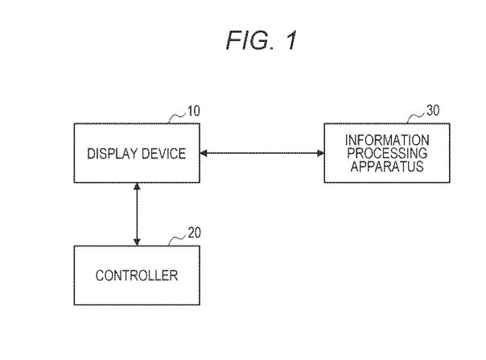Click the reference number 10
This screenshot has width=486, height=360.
point(194,111)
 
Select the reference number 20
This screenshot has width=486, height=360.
point(194,233)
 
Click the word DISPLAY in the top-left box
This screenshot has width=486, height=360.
point(110,153)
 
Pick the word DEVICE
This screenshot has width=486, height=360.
point(163,153)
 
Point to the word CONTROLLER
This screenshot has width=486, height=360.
point(137,275)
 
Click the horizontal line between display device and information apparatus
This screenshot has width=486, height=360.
point(262,153)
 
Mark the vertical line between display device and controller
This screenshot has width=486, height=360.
point(137,213)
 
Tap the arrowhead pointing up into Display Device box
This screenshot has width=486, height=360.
point(137,187)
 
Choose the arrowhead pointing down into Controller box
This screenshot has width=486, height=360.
point(137,241)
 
